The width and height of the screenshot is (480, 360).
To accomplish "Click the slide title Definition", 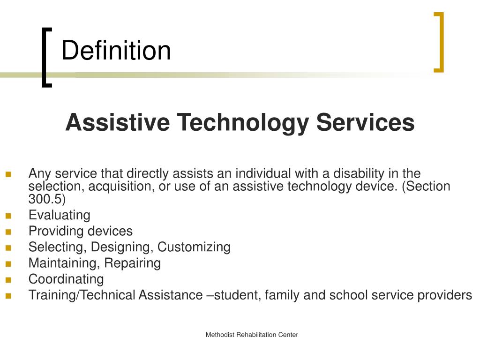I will click(116, 51).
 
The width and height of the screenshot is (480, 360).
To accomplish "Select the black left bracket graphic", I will click(45, 57).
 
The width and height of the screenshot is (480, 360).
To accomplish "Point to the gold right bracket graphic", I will click(439, 42).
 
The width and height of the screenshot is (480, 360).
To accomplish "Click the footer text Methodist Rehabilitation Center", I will click(252, 335).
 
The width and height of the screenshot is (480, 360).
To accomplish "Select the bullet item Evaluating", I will click(59, 215).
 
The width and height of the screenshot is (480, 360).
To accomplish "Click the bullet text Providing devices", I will click(80, 231).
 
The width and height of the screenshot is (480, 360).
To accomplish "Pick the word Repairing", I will click(132, 263).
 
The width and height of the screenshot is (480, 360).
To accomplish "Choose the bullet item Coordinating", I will click(66, 279).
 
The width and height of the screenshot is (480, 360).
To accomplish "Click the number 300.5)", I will click(47, 199).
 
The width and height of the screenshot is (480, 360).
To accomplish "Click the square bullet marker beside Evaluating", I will click(8, 216).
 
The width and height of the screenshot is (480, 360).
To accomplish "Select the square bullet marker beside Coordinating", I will click(8, 280).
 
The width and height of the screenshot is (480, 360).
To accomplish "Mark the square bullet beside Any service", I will click(8, 174).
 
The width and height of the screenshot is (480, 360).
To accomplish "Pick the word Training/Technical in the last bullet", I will click(82, 295).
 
